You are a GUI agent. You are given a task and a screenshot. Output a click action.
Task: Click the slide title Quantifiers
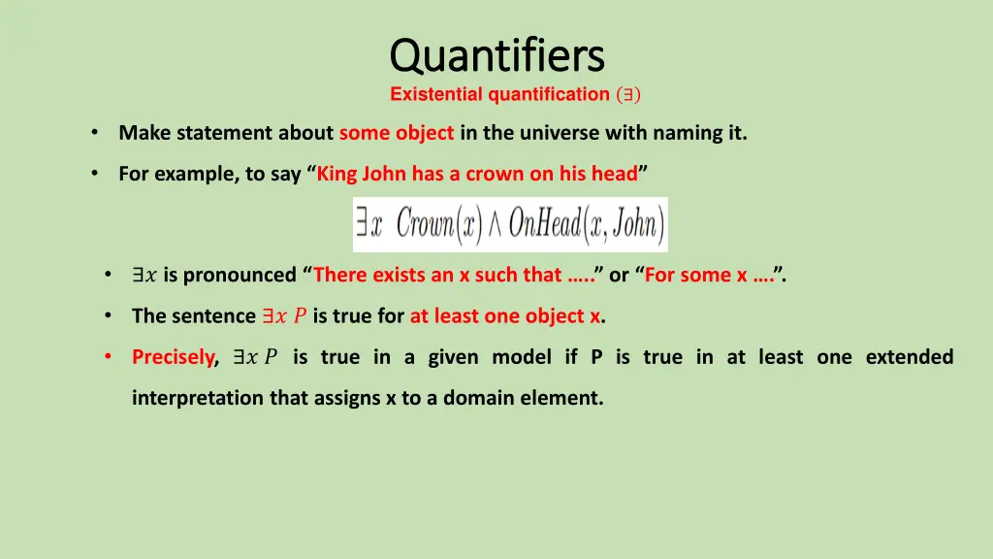click(496, 55)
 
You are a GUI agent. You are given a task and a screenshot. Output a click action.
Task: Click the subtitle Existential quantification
click(499, 94)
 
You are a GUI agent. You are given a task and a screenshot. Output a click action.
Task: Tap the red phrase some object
click(397, 133)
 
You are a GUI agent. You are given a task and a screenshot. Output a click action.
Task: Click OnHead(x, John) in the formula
click(585, 224)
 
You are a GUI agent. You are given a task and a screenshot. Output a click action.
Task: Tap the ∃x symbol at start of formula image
click(369, 224)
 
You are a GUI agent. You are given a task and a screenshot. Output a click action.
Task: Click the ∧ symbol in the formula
click(494, 225)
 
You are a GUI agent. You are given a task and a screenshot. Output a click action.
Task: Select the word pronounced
click(240, 275)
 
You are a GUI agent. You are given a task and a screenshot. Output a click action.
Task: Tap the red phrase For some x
click(695, 275)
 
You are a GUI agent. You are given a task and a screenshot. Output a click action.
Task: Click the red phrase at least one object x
click(505, 315)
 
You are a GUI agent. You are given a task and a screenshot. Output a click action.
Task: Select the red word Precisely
click(174, 357)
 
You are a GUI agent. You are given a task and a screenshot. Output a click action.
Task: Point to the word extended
click(909, 357)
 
